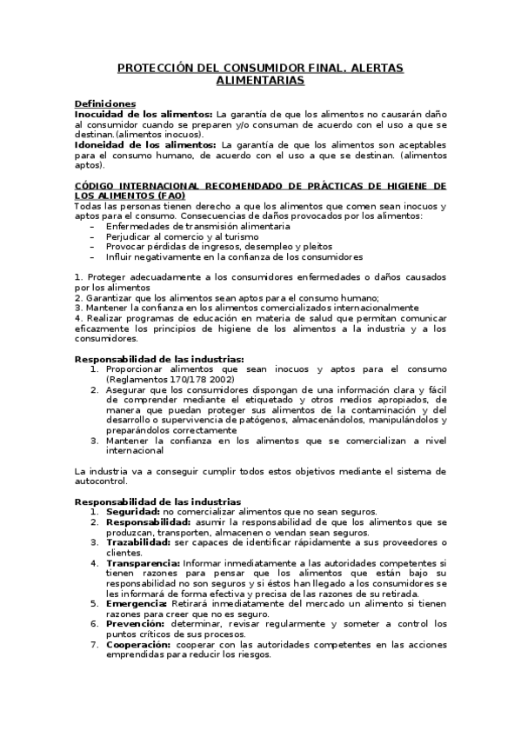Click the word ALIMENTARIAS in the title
coord(260,80)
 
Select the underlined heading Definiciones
coord(105,103)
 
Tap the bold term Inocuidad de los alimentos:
coord(144,114)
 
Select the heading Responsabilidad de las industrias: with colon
coord(159,358)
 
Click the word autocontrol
coord(100,481)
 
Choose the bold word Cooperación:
coord(139,644)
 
